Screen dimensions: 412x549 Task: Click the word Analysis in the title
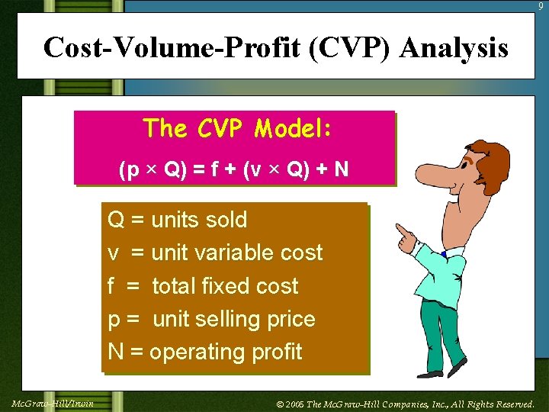click(x=453, y=48)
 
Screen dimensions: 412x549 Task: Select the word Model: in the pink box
click(x=293, y=128)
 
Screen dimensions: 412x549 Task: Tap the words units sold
click(x=199, y=220)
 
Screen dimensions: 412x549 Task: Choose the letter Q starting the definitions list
click(x=116, y=220)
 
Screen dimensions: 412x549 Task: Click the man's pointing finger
click(x=400, y=229)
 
